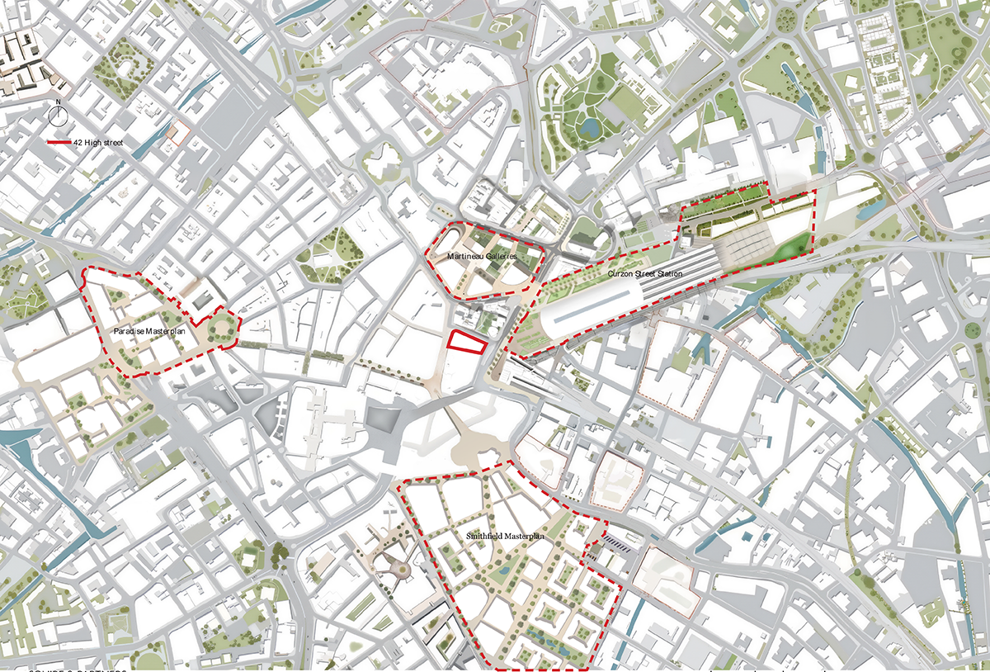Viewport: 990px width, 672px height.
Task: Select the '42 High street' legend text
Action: pos(97,143)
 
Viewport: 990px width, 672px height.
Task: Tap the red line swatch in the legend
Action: pos(59,143)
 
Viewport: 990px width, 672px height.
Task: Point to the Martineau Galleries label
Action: pos(483,258)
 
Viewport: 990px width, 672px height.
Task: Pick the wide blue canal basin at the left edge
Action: pos(15,438)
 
